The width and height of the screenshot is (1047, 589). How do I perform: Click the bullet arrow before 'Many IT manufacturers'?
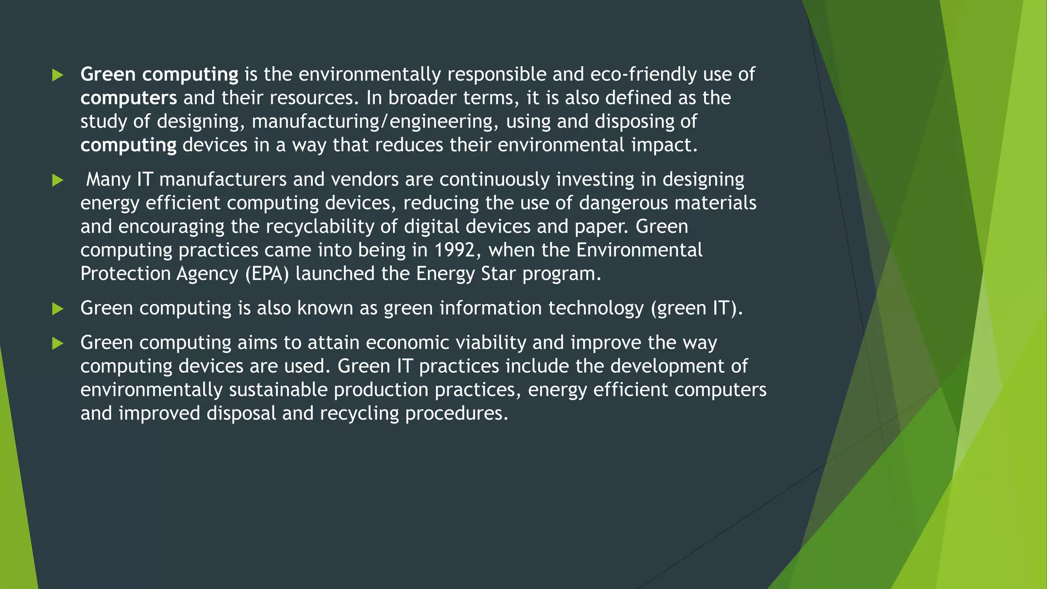pos(58,180)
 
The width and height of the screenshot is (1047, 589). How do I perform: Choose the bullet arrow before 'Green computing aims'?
pos(58,343)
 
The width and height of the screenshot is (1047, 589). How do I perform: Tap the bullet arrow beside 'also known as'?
pos(58,309)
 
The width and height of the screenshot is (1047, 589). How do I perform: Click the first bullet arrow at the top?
pos(58,75)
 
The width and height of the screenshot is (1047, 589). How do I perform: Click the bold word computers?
pos(129,98)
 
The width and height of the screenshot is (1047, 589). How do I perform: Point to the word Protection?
pos(125,274)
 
